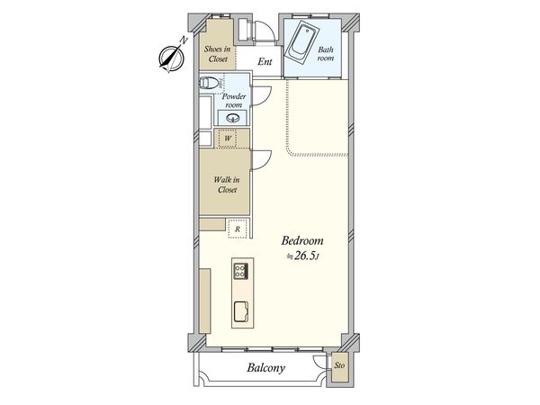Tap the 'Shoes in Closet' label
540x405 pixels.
pos(217,54)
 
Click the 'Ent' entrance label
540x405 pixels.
pos(265,62)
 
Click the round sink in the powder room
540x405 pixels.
pos(234,118)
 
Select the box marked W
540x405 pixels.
pos(228,139)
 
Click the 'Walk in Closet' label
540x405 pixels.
pos(226,184)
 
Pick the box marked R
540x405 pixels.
pos(237,229)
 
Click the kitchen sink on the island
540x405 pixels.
pos(242,311)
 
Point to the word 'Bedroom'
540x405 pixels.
pos(302,241)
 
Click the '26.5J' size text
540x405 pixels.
pos(307,256)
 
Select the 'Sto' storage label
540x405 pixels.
pos(339,366)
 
